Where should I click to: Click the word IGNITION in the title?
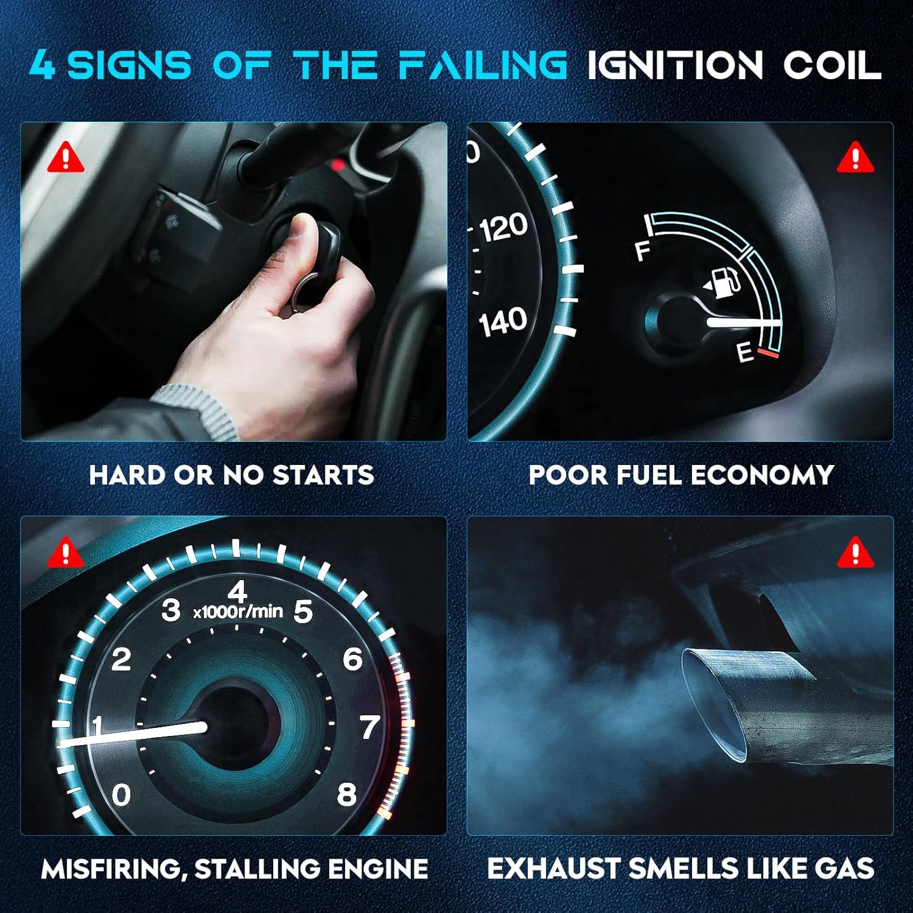point(674,66)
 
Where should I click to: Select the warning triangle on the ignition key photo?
point(66,158)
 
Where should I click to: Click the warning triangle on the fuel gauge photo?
point(855,158)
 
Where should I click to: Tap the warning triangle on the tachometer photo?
point(66,553)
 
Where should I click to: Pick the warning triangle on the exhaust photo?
point(855,553)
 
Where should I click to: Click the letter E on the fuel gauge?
point(745,352)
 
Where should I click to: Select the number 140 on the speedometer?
point(503,321)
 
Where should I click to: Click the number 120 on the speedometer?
point(503,228)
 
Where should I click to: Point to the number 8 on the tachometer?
point(346,794)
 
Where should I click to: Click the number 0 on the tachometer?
point(121,794)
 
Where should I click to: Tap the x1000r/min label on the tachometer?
point(238,612)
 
